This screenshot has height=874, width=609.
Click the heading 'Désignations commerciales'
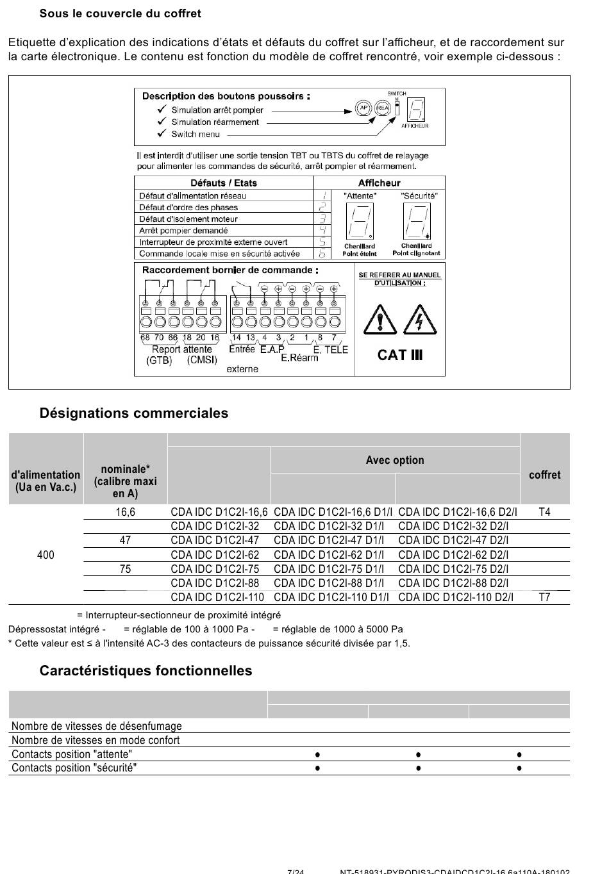(133, 413)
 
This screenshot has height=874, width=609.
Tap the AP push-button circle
(363, 108)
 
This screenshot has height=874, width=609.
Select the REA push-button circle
(383, 108)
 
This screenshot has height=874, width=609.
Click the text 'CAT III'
(400, 355)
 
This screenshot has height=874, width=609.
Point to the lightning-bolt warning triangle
(419, 319)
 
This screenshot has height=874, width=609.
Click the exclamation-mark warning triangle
(380, 319)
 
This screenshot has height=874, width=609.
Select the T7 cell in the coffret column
(544, 597)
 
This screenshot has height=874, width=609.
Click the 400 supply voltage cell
(46, 555)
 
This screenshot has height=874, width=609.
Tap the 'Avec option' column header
(395, 460)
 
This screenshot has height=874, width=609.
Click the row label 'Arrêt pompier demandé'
(183, 231)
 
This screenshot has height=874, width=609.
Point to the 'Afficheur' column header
(379, 183)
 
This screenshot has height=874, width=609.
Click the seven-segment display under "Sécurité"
(417, 222)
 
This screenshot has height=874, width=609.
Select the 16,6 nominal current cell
(125, 512)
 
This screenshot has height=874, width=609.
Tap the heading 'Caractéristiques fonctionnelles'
(146, 671)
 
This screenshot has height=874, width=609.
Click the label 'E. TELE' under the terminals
(330, 350)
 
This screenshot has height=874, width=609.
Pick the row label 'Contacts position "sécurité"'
(74, 768)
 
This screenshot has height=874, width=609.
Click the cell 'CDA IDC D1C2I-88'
(215, 583)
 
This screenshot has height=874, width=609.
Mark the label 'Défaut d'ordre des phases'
(188, 208)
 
